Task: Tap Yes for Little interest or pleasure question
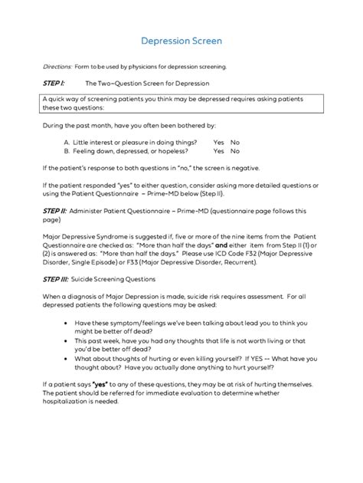218,142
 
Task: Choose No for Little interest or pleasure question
235,142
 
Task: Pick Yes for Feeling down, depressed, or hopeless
218,152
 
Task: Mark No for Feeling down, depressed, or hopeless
235,152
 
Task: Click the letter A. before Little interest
67,142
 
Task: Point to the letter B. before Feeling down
67,152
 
